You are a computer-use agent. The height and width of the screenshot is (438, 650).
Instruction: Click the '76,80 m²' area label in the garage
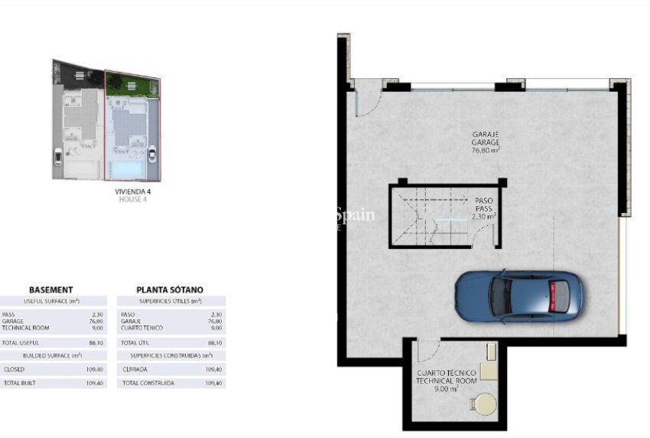(486, 151)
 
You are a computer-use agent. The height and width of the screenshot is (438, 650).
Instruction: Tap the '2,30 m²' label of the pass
(484, 217)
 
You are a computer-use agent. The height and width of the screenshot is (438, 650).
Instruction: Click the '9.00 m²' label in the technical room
(447, 389)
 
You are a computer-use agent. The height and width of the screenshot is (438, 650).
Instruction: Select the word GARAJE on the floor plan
(486, 134)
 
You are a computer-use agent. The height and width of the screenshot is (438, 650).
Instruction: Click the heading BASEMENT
(50, 289)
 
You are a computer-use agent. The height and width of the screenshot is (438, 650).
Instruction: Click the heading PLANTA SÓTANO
(170, 289)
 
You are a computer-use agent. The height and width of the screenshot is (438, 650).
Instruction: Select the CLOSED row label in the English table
(15, 369)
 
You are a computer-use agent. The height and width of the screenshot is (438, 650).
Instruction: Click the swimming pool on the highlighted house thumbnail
(124, 168)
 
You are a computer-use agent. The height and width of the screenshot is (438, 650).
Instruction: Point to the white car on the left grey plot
(59, 159)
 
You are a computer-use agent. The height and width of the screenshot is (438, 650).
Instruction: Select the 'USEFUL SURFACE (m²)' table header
(51, 302)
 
